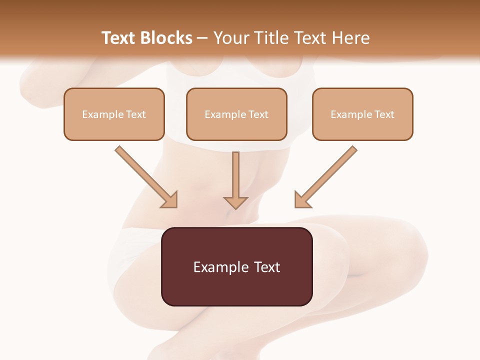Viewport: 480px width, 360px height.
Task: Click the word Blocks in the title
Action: pyautogui.click(x=166, y=38)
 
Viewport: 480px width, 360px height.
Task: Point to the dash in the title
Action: pyautogui.click(x=202, y=38)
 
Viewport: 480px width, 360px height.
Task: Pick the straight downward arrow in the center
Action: pyautogui.click(x=236, y=175)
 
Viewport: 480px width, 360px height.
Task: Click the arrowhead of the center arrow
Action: pyautogui.click(x=236, y=202)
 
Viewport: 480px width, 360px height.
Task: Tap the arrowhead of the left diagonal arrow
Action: pyautogui.click(x=170, y=200)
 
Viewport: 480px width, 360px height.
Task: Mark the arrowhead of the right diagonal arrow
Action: pyautogui.click(x=301, y=200)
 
